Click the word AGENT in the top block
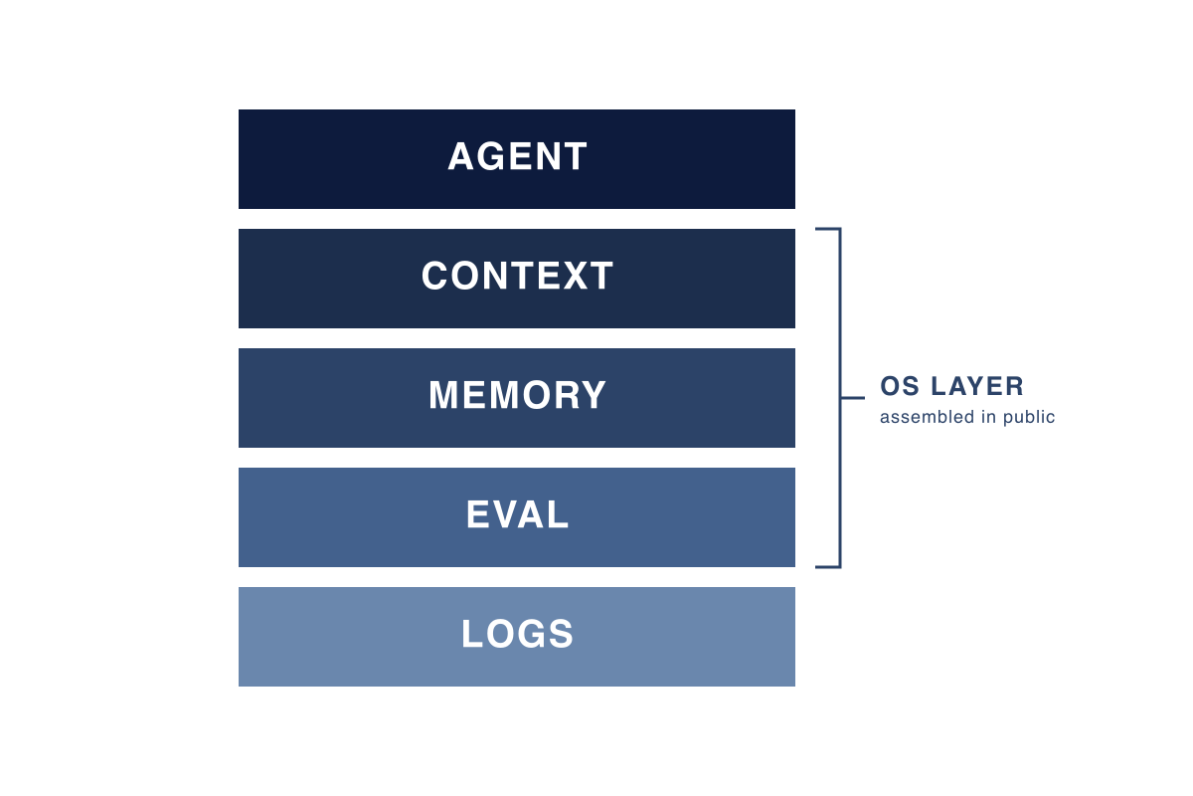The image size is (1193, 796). tap(517, 156)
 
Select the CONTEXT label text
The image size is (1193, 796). tap(517, 276)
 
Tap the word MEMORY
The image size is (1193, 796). tap(517, 395)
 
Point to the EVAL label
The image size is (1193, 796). tap(517, 514)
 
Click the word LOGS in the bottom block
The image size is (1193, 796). tap(517, 634)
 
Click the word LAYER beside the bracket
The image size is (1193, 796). tap(976, 386)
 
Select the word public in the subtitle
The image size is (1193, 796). tap(1028, 418)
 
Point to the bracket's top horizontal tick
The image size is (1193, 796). tap(828, 229)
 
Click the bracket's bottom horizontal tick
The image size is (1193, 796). tap(828, 567)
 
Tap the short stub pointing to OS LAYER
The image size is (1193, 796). tap(853, 398)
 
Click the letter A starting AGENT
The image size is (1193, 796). tap(461, 156)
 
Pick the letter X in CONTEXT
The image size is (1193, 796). tap(576, 276)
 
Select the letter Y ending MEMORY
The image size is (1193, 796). tap(594, 395)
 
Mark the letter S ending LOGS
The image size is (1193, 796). tap(561, 634)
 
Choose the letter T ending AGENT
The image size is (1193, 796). tap(576, 156)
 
